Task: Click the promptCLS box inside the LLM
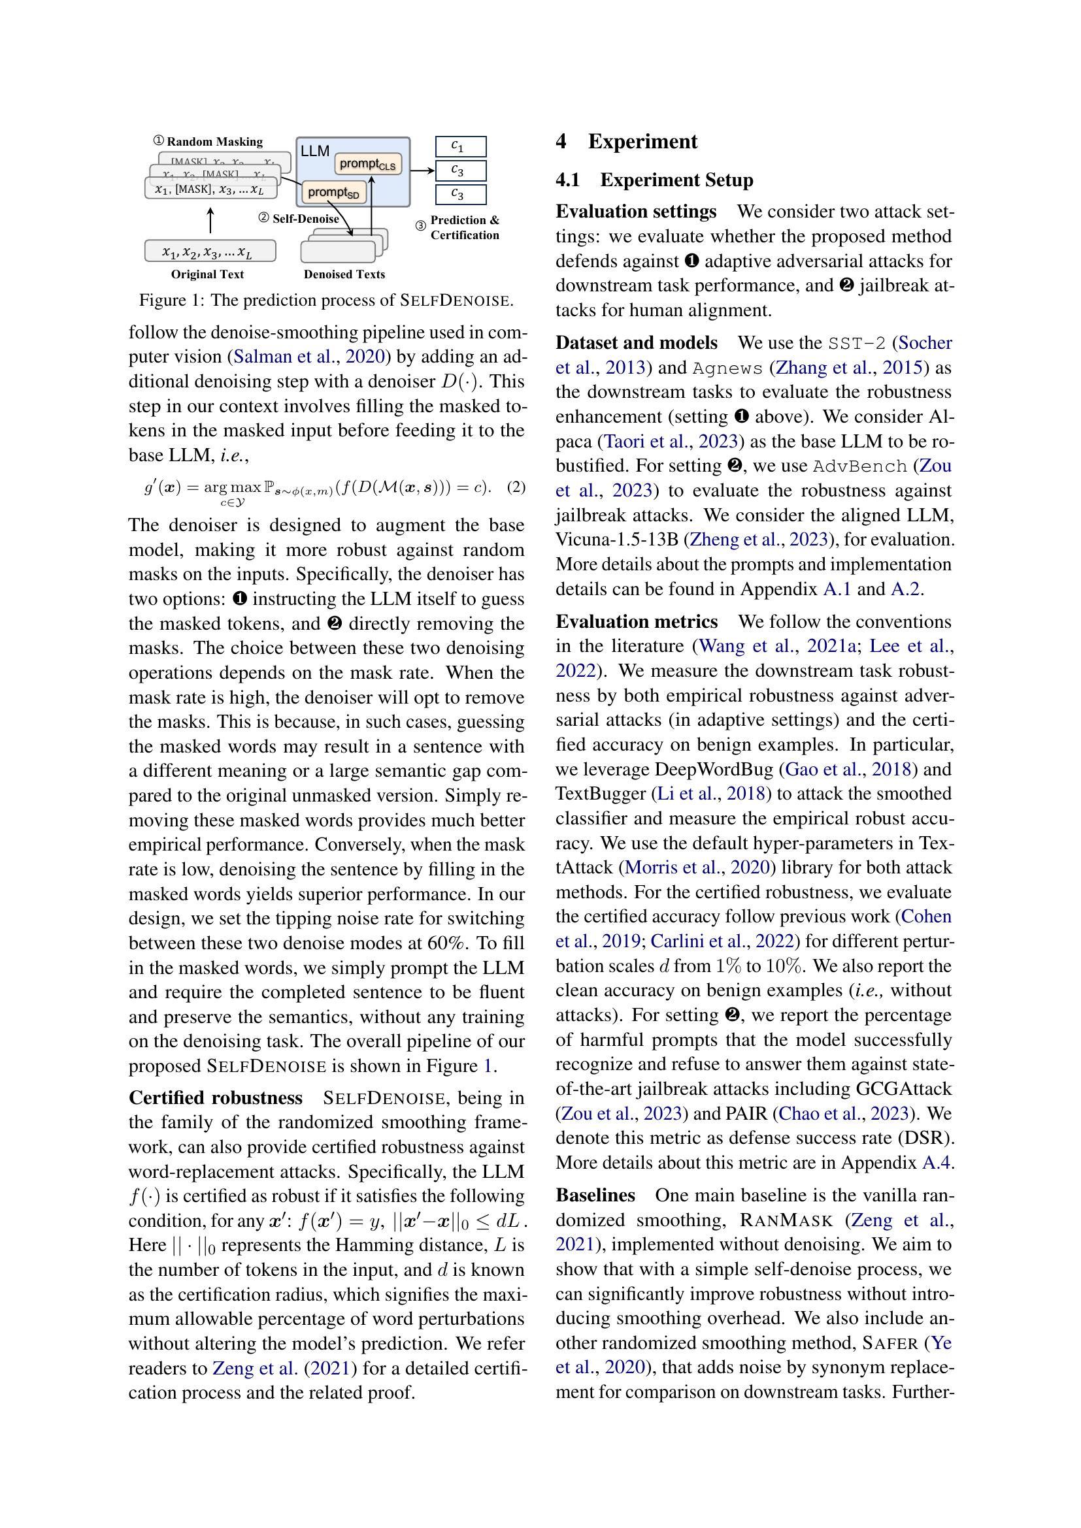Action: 367,164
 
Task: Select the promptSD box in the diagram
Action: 333,193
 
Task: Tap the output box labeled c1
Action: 461,146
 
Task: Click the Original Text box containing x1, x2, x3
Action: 210,251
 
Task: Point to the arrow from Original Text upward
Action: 210,219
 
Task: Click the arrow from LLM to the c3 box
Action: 422,171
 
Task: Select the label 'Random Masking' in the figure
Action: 214,142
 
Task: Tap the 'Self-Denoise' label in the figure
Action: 305,218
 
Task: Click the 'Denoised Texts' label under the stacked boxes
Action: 344,274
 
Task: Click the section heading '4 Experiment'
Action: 626,141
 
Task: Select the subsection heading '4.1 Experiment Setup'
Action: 654,180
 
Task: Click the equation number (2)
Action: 516,487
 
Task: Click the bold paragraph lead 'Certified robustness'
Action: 216,1097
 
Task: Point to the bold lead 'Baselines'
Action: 595,1195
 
